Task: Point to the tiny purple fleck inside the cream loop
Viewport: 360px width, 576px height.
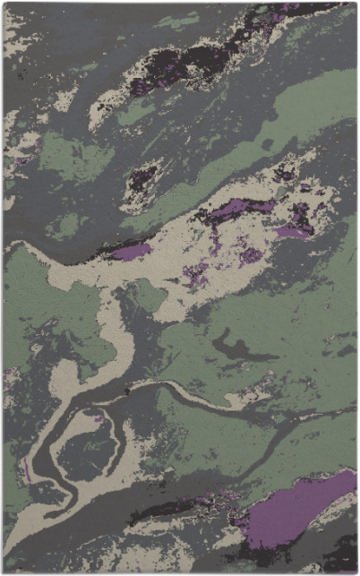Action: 97,417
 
